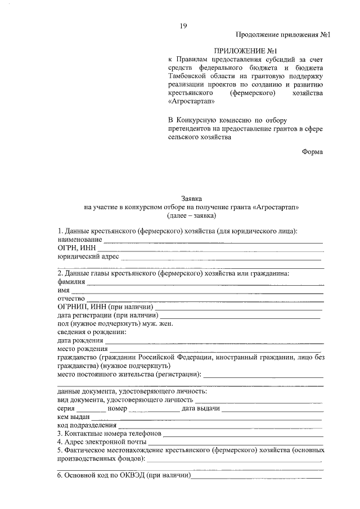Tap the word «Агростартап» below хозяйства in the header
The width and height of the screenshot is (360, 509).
tap(191, 102)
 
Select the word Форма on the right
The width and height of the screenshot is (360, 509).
tap(312, 151)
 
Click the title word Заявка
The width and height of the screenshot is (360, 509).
tap(192, 198)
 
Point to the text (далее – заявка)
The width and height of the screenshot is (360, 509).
tap(192, 215)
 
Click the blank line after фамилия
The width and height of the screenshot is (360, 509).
tap(205, 284)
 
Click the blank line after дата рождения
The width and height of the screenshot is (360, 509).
tap(214, 343)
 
